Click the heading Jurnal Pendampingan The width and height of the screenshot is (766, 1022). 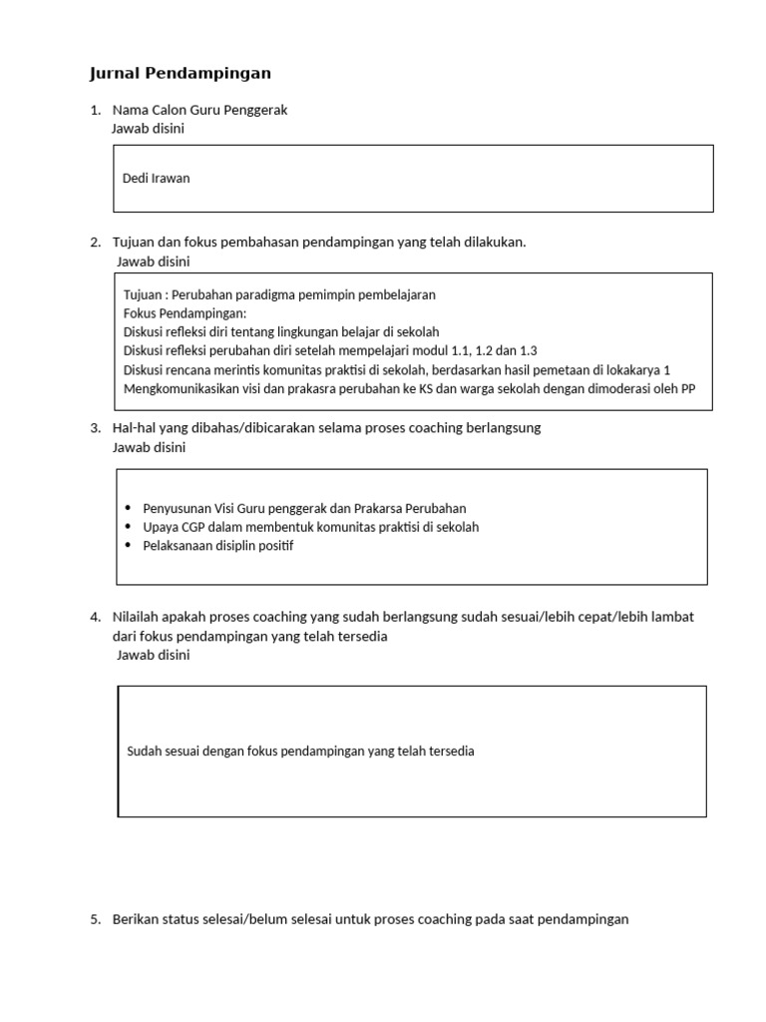click(181, 74)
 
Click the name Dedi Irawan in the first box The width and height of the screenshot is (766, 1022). click(156, 179)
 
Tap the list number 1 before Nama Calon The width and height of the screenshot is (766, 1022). click(95, 111)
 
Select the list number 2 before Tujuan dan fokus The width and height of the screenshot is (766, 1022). click(95, 243)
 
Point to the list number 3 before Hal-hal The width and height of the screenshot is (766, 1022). click(95, 428)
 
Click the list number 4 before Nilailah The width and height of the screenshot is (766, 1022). click(95, 617)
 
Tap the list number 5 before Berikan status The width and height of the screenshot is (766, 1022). click(95, 919)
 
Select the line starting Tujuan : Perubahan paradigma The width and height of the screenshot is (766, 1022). click(279, 295)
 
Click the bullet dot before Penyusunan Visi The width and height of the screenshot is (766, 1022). click(130, 509)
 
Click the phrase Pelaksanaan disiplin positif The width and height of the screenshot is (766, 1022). click(218, 546)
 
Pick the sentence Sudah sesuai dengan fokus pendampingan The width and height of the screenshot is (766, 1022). click(300, 751)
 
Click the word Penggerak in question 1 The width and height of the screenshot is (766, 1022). click(256, 111)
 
